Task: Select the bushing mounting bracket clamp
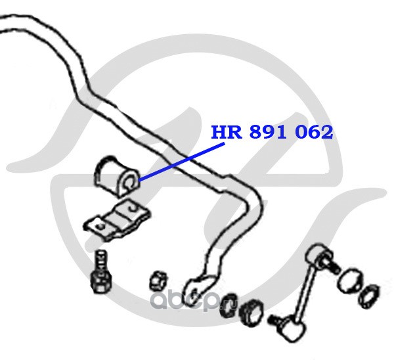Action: click(116, 221)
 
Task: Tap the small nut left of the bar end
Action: click(158, 279)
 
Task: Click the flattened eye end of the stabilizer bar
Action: click(195, 287)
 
